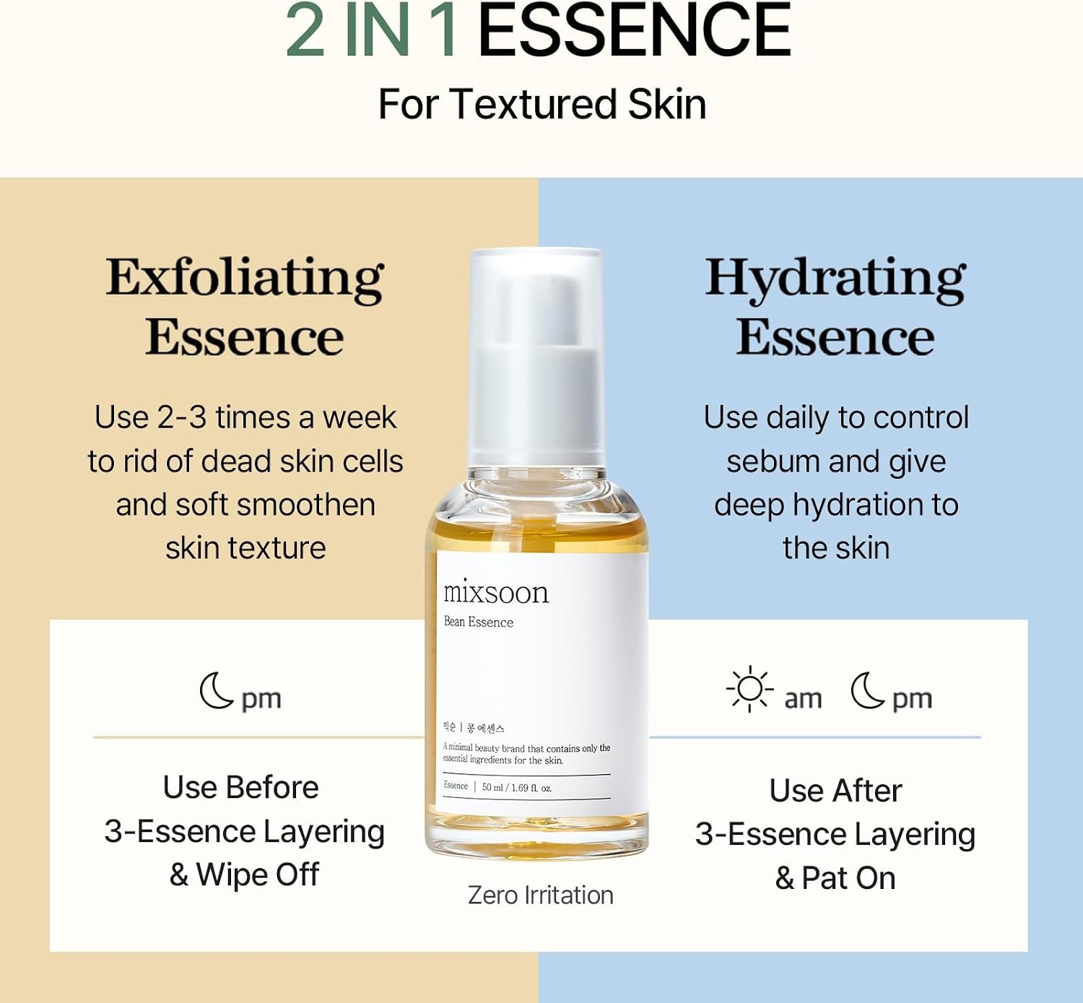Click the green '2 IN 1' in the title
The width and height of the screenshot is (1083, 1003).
(371, 30)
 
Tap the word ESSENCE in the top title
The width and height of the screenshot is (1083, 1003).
(635, 30)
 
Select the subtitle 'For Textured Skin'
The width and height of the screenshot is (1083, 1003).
(542, 104)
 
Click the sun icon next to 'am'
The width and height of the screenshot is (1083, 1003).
(750, 689)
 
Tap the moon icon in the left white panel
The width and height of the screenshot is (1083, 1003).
(216, 690)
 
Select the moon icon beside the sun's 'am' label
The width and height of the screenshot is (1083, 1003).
(867, 690)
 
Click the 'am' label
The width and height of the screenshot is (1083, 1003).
(803, 699)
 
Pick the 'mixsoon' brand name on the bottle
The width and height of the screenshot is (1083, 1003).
(496, 591)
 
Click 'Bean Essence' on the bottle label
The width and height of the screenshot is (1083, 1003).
(478, 622)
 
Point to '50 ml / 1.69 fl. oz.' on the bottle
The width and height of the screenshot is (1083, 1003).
(516, 788)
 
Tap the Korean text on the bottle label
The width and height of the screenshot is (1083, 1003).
(474, 728)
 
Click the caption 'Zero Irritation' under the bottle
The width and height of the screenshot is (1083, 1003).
(540, 895)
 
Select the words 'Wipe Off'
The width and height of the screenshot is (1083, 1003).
(257, 874)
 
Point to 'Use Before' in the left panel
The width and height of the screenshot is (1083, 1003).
(241, 787)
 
